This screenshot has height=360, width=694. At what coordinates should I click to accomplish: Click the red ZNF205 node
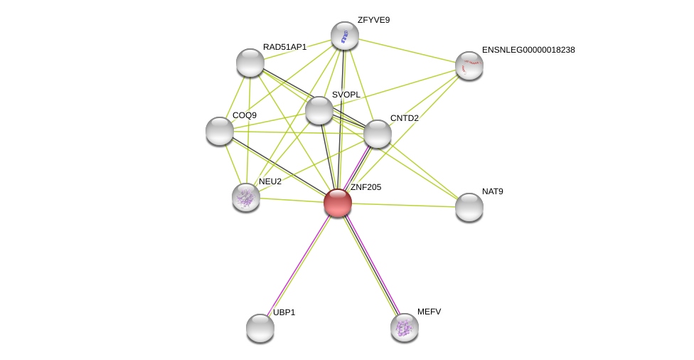338,203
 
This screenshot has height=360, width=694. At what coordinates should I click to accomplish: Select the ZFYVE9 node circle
345,36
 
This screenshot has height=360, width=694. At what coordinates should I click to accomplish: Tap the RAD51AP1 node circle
250,63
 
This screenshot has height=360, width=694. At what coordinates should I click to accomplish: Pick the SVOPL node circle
319,110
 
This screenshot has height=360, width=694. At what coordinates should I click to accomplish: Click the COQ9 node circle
220,131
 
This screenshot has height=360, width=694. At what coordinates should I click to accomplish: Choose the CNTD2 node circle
378,134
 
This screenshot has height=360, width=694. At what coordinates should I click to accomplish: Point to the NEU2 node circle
246,197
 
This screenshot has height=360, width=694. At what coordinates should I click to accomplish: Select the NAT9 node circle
469,207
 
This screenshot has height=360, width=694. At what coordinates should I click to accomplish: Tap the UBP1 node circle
260,328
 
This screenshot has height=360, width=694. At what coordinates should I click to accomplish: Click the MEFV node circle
405,327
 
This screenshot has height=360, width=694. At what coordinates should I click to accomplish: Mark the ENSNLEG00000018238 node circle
469,65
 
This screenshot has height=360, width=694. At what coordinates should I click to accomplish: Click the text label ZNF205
365,187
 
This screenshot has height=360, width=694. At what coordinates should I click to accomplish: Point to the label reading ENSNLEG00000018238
528,50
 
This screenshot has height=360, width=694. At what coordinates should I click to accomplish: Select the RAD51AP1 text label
284,47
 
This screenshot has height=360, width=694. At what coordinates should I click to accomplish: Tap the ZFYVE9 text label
373,20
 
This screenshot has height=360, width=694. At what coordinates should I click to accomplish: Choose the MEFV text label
429,312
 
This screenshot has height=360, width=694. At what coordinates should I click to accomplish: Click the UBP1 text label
284,312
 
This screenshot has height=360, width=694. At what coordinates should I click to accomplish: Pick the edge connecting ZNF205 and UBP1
299,265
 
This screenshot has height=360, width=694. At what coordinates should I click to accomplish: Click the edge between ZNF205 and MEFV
371,265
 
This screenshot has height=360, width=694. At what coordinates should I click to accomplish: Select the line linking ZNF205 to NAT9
403,205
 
